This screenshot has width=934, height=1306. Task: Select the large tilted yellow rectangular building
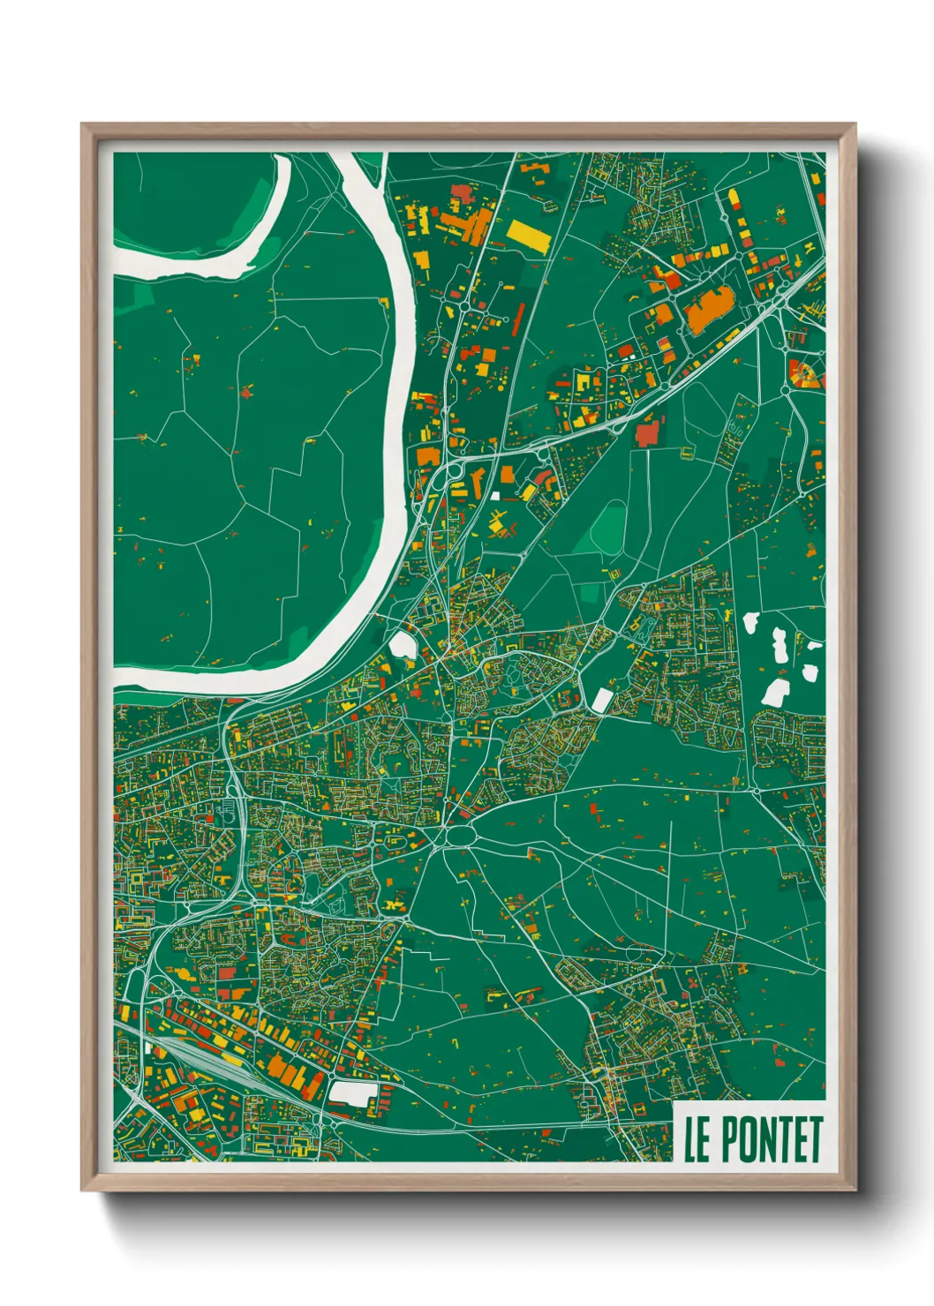coord(527,235)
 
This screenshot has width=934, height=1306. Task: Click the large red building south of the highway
coord(647,433)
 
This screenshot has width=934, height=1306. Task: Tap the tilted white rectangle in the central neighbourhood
coord(601,701)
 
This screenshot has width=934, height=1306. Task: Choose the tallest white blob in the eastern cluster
coord(780,646)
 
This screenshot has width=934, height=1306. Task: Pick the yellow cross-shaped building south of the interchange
coord(501,529)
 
